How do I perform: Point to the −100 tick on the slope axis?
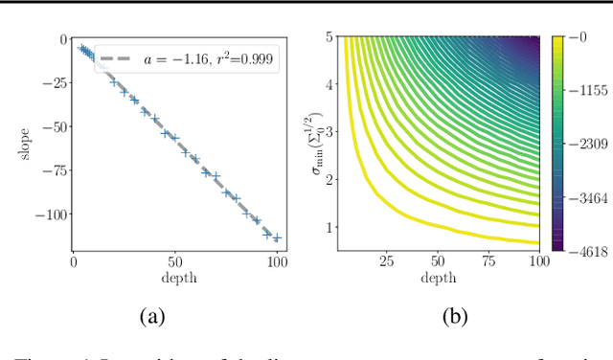pyautogui.click(x=48, y=214)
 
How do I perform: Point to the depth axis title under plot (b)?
pyautogui.click(x=438, y=278)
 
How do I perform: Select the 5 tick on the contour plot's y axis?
pyautogui.click(x=328, y=37)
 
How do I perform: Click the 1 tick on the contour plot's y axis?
pyautogui.click(x=328, y=228)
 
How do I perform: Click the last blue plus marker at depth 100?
pyautogui.click(x=277, y=238)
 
